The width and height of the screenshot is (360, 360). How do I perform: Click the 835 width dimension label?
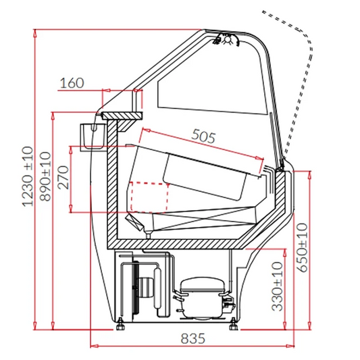(x=192, y=338)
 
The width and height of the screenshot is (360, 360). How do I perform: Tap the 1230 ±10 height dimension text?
(x=28, y=176)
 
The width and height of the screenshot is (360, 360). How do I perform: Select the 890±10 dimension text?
(x=45, y=176)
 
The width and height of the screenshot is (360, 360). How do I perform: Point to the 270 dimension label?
(x=63, y=178)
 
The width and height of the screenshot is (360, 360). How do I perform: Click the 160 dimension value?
(x=72, y=83)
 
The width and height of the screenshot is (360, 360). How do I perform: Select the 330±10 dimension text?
(x=277, y=287)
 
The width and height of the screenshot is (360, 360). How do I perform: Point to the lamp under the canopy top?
(x=228, y=39)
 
